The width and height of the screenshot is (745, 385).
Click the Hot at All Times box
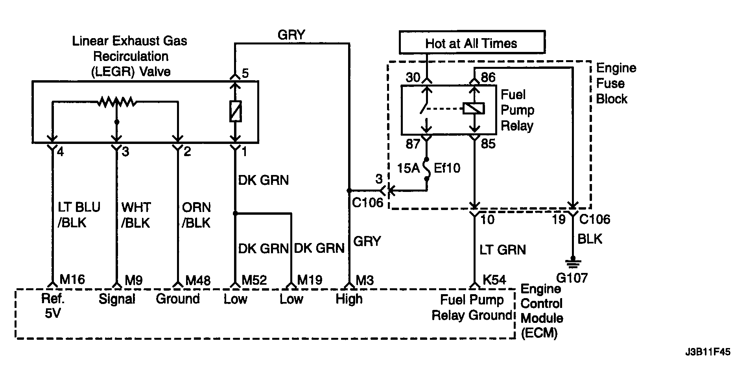pyautogui.click(x=472, y=42)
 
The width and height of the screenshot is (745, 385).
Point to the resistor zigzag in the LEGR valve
pyautogui.click(x=117, y=102)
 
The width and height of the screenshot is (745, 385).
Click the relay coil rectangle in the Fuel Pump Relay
pyautogui.click(x=474, y=109)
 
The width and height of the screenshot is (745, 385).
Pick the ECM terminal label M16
pyautogui.click(x=72, y=280)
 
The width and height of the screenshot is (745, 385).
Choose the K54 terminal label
pyautogui.click(x=494, y=280)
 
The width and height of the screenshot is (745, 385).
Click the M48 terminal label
pyautogui.click(x=198, y=280)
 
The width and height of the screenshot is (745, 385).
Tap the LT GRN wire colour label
pyautogui.click(x=503, y=250)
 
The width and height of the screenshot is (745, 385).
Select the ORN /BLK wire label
pyautogui.click(x=196, y=215)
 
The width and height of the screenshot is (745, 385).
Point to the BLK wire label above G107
pyautogui.click(x=590, y=239)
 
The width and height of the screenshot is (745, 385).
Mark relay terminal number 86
pyautogui.click(x=488, y=77)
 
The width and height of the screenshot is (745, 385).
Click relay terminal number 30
pyautogui.click(x=413, y=77)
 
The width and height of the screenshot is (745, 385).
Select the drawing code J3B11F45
pyautogui.click(x=707, y=352)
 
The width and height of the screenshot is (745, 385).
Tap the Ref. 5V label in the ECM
pyautogui.click(x=53, y=306)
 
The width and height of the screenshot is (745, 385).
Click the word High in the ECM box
pyautogui.click(x=349, y=299)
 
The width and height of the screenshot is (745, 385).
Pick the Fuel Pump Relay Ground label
pyautogui.click(x=472, y=308)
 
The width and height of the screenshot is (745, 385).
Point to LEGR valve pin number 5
pyautogui.click(x=245, y=74)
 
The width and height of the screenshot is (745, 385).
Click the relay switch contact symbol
pyautogui.click(x=424, y=109)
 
